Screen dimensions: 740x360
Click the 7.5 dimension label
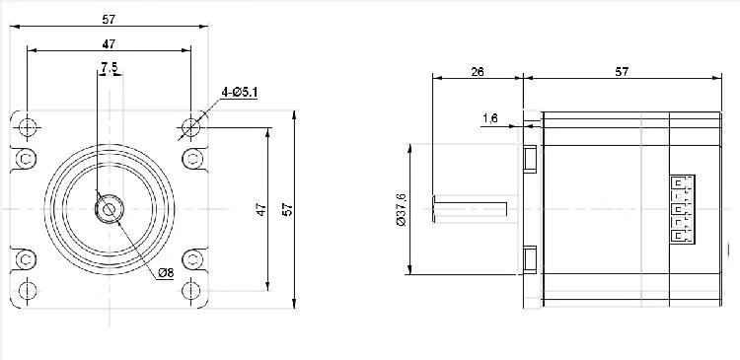109,68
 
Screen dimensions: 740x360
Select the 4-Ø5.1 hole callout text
240,93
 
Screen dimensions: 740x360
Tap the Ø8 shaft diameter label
166,273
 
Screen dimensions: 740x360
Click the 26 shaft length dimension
478,72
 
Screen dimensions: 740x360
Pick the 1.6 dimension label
489,118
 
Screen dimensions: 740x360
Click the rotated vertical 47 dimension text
261,209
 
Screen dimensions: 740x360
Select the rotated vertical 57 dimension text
288,209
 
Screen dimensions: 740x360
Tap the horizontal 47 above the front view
109,43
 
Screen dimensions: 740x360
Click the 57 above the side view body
622,72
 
